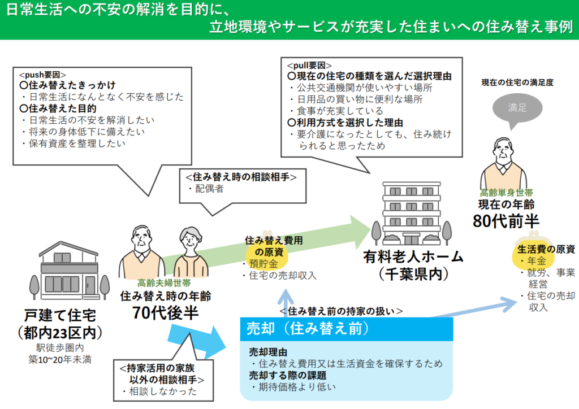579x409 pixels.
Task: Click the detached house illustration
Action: point(70,271)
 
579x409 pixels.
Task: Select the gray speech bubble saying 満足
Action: point(517,110)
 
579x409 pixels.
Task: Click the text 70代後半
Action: point(165,313)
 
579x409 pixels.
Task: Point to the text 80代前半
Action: point(506,221)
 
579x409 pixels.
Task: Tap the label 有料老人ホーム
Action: point(413,256)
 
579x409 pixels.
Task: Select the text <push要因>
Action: point(42,75)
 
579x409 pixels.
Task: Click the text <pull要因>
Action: point(309,66)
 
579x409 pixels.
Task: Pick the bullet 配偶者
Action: point(206,189)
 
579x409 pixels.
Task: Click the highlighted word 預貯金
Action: point(263,264)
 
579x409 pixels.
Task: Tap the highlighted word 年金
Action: point(536,261)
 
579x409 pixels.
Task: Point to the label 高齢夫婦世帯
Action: point(164,283)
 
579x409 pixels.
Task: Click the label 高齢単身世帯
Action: point(506,193)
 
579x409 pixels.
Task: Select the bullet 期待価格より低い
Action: point(293,387)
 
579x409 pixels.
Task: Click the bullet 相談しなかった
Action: point(160,391)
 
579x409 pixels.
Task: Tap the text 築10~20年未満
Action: point(60,360)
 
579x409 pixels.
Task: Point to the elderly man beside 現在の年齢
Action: point(504,164)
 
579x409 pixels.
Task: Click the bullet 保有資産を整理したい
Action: point(74,143)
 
